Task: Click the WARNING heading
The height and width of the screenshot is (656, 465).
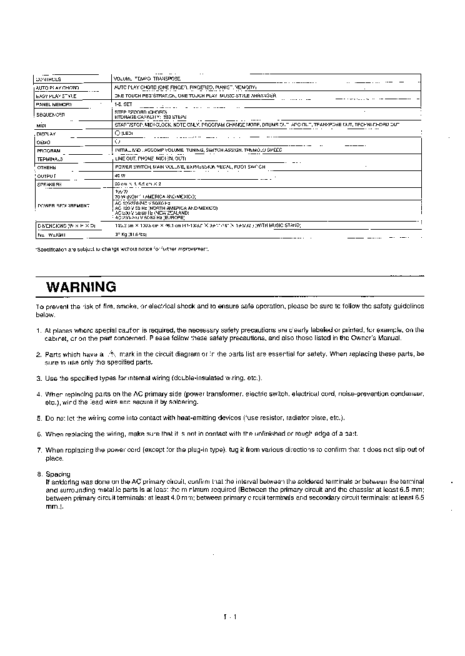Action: pos(81,287)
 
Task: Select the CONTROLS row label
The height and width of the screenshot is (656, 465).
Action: pos(49,79)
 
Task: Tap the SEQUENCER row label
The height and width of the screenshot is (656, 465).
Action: pos(51,115)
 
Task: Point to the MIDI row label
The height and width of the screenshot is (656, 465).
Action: pos(42,125)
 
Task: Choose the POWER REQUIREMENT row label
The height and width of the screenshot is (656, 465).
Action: pos(62,205)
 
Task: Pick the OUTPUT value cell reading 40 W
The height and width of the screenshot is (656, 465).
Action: pos(121,176)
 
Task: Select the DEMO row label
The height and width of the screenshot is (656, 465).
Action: pos(43,142)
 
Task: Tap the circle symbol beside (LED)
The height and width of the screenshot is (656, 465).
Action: pos(117,134)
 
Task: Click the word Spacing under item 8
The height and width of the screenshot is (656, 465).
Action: pos(58,474)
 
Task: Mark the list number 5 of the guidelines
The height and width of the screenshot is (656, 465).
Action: pos(39,418)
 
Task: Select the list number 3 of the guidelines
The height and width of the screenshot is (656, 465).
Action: pos(39,378)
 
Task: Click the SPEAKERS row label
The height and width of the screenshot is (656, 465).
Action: pos(49,185)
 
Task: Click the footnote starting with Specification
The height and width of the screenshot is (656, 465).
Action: pos(121,249)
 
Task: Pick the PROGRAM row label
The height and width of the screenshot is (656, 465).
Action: pos(48,151)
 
